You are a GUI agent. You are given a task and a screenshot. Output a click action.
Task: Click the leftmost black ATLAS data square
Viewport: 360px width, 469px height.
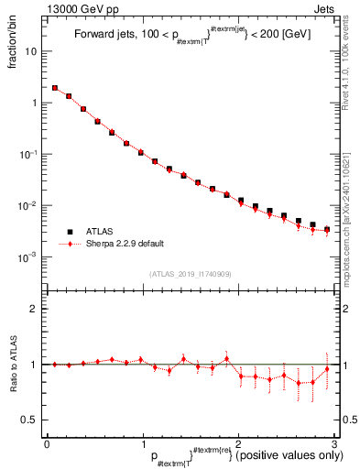[55, 89]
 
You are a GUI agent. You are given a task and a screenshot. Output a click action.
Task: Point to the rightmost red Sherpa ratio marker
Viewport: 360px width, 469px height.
[327, 369]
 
